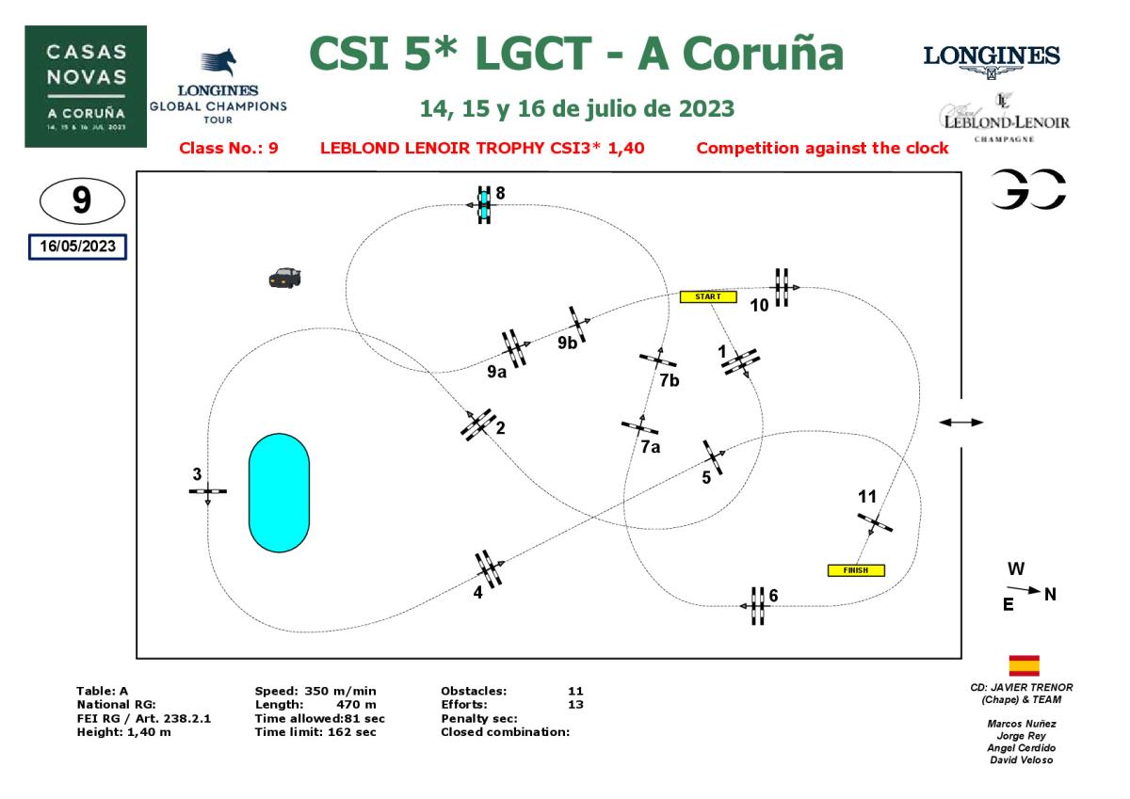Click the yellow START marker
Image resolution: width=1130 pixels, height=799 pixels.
tap(707, 296)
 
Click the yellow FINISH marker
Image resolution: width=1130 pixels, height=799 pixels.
tap(855, 570)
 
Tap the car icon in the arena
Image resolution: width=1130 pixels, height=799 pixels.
tap(284, 277)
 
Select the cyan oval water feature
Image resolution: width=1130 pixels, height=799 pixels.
tap(279, 492)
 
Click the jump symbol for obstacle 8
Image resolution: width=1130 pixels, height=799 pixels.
tap(484, 203)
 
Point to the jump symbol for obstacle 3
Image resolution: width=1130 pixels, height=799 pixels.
tap(207, 491)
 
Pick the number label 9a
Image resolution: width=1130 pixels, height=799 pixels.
tap(496, 372)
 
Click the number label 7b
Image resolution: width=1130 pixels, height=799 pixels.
tap(670, 380)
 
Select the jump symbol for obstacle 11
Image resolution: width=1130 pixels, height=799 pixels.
tap(875, 523)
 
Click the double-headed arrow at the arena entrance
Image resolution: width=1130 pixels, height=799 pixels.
tap(961, 423)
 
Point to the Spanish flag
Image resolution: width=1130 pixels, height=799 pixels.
tap(1024, 666)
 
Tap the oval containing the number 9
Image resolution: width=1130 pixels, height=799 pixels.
tap(82, 200)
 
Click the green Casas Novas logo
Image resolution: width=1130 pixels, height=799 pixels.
tap(86, 86)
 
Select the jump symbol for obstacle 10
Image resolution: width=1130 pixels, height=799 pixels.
tap(782, 286)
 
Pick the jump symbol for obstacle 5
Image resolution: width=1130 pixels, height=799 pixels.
tap(713, 457)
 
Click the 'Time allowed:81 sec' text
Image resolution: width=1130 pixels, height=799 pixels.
tap(320, 718)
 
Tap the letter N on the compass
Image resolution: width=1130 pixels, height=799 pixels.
tap(1050, 594)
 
